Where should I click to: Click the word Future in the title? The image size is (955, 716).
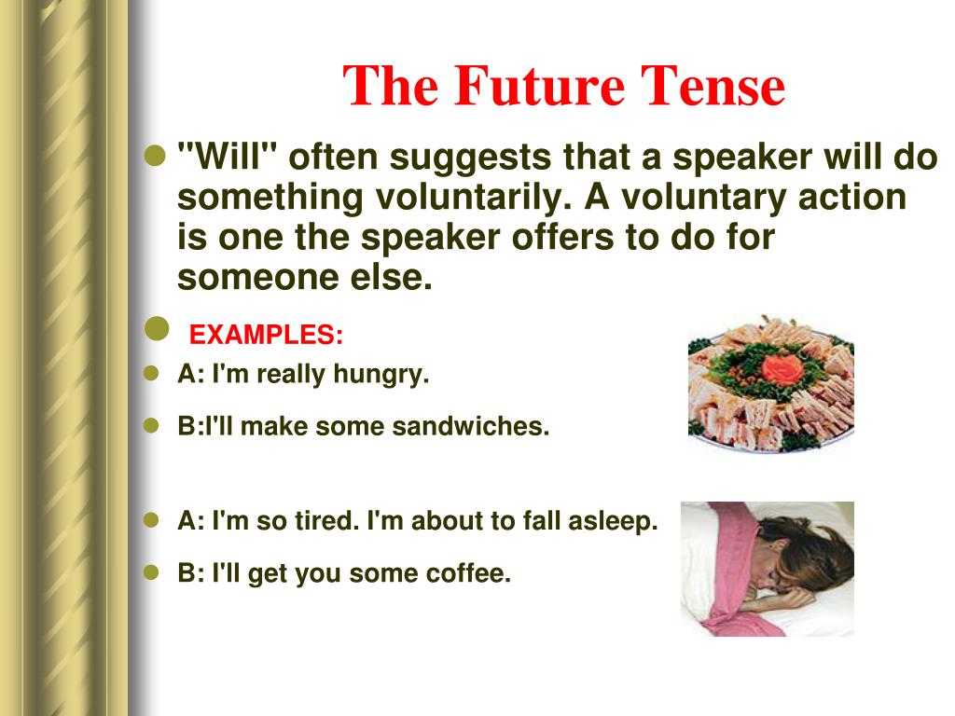coord(539,86)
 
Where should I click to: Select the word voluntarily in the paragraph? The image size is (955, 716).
coord(473,198)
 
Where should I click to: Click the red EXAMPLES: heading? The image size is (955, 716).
coord(266,335)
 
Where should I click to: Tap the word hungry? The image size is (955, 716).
coord(381,375)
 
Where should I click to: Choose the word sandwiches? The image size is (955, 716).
coord(471,426)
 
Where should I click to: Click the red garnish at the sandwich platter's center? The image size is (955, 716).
coord(782,370)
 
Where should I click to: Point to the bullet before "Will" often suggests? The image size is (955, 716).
coord(156,156)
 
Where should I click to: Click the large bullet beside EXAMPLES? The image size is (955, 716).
coord(157,329)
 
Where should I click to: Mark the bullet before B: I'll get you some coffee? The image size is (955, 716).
coord(151,572)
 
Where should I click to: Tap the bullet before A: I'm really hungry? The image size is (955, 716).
coord(151,373)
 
